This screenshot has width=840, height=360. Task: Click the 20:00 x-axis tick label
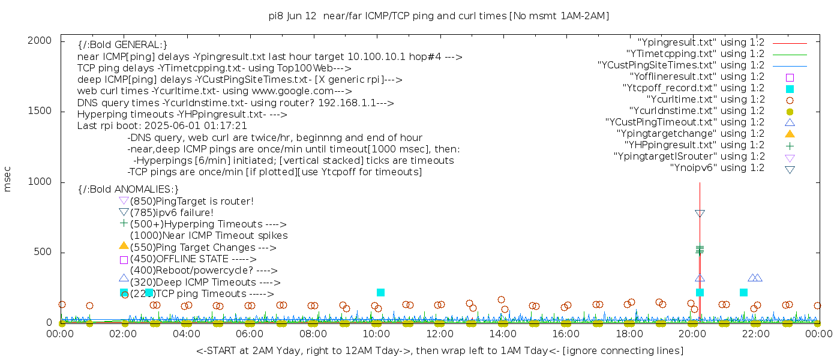[692, 334]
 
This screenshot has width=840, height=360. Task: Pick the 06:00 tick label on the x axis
[250, 334]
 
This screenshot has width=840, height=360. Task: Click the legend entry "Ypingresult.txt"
[701, 43]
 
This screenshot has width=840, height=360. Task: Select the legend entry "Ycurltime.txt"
[705, 100]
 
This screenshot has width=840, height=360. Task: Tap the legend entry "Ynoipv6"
[717, 168]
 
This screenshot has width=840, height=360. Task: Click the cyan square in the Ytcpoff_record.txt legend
[790, 89]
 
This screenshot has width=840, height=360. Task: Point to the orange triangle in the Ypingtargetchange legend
[790, 134]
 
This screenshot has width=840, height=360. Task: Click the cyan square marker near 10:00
[380, 292]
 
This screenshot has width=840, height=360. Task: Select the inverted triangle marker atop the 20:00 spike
[700, 214]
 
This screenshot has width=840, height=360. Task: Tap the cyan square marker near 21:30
[743, 292]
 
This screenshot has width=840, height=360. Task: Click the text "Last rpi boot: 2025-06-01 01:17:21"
[162, 126]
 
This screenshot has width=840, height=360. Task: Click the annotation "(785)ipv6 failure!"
[172, 213]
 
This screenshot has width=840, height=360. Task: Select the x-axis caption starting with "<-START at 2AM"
[439, 350]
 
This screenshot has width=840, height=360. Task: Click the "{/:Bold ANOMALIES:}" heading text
[128, 190]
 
